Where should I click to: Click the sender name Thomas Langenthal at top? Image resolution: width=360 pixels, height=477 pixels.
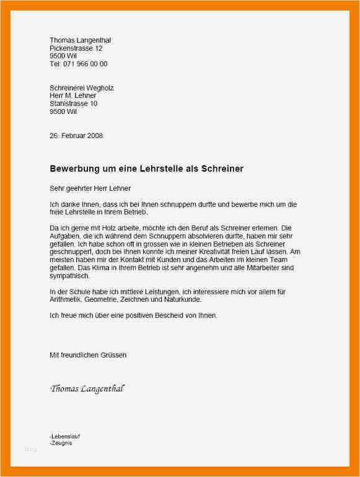click(x=80, y=40)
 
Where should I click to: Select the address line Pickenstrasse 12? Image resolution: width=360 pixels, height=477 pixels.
click(x=76, y=48)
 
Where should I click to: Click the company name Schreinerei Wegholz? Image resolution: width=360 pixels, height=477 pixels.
click(x=81, y=88)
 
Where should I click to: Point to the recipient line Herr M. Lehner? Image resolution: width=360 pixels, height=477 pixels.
click(x=72, y=96)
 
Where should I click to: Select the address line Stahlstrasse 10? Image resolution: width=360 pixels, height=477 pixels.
click(x=73, y=104)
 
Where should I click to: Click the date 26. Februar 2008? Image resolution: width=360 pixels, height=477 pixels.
click(x=76, y=136)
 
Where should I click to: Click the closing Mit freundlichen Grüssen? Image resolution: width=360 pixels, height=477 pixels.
click(x=88, y=356)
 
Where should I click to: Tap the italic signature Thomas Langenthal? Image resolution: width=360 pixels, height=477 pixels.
click(x=87, y=389)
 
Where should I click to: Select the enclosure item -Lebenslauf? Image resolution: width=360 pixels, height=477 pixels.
click(x=65, y=437)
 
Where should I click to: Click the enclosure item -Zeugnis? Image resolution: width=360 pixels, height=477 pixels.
click(x=61, y=444)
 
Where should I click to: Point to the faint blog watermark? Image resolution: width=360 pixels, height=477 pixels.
click(x=31, y=449)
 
